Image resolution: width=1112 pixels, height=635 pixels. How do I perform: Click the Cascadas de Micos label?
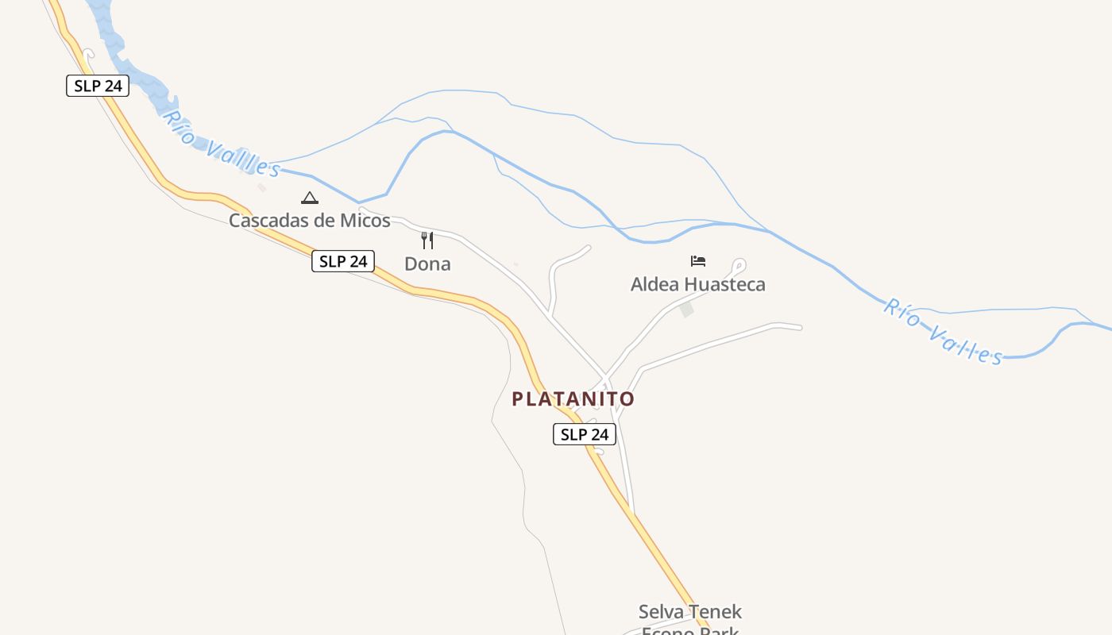click(310, 221)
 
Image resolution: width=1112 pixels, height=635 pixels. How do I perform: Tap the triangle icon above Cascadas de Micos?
click(310, 198)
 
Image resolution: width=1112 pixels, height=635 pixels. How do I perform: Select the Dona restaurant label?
click(427, 264)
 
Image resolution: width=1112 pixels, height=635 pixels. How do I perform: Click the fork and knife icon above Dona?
click(427, 241)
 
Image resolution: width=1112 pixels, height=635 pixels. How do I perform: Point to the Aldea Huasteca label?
click(697, 284)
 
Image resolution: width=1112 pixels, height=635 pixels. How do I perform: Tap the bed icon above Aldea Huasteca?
click(698, 261)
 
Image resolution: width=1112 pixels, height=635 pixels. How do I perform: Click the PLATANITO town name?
click(573, 398)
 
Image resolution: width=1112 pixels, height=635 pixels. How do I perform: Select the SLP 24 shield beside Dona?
click(342, 261)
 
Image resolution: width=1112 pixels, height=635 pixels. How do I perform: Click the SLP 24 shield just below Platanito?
click(584, 434)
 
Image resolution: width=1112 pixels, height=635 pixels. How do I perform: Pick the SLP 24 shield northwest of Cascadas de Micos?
click(98, 86)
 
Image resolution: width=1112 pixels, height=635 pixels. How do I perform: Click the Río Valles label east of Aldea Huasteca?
click(943, 331)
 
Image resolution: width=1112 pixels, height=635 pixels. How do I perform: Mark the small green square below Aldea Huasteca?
click(686, 310)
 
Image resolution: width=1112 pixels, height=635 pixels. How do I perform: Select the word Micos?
click(365, 221)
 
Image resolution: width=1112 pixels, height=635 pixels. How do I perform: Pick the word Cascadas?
click(268, 221)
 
